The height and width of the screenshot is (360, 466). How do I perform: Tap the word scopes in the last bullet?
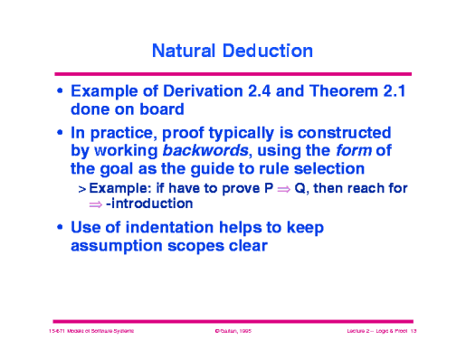204,244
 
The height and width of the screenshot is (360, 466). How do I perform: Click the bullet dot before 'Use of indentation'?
60,227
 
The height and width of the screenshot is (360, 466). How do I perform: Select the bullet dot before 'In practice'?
60,133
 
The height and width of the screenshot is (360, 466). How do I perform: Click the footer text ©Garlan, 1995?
232,332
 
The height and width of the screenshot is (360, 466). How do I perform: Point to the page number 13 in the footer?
412,332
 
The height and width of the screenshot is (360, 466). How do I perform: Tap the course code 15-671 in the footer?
59,332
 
